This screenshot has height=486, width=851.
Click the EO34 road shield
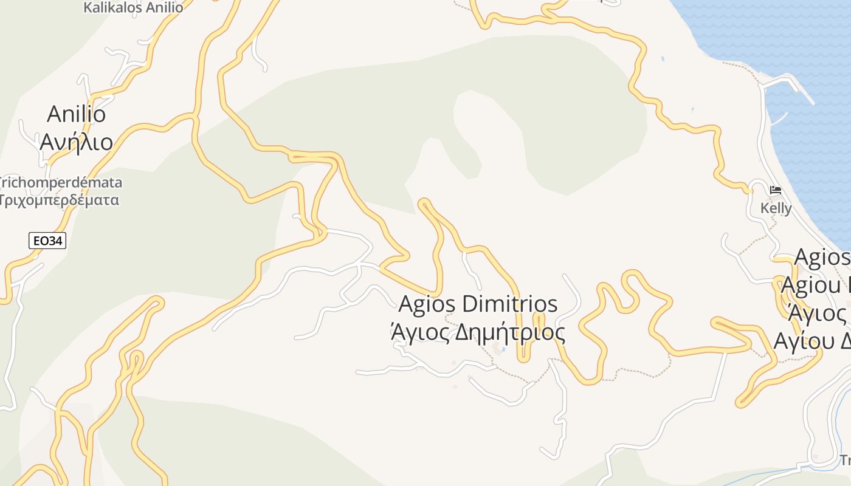[47, 241]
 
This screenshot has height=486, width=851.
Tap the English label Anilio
[77, 114]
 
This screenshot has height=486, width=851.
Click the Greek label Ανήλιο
[77, 142]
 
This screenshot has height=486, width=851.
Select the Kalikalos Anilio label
[133, 8]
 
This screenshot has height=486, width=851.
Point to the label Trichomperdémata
[61, 182]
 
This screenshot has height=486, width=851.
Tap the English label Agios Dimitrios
[478, 304]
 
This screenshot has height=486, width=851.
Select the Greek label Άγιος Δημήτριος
[478, 332]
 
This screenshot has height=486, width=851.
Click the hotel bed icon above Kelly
[775, 190]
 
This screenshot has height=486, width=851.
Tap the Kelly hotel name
[776, 208]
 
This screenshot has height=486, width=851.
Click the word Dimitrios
[510, 304]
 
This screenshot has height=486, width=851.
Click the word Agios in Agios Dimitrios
[427, 304]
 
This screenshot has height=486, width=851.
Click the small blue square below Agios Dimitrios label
[503, 350]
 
